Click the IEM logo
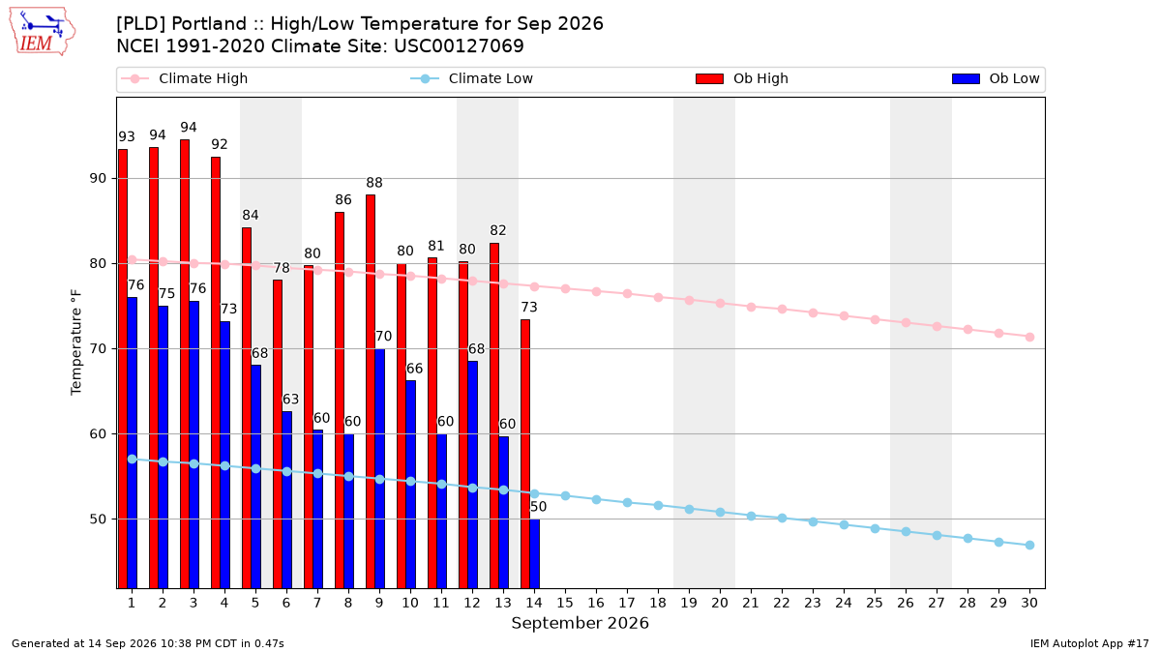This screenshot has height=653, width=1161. pyautogui.click(x=43, y=32)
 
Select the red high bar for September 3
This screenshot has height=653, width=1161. pyautogui.click(x=185, y=364)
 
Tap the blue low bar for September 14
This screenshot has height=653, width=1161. pyautogui.click(x=535, y=553)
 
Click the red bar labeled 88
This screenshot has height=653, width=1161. pyautogui.click(x=371, y=391)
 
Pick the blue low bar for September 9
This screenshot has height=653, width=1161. pyautogui.click(x=380, y=468)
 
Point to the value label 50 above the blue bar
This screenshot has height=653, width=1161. pyautogui.click(x=538, y=507)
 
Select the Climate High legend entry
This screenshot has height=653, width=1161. pyautogui.click(x=185, y=78)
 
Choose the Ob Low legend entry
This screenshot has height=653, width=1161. pyautogui.click(x=996, y=78)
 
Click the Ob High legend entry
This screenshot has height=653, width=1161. pyautogui.click(x=742, y=78)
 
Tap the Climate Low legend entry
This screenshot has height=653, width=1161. pyautogui.click(x=472, y=78)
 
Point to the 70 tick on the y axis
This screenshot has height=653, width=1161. pyautogui.click(x=98, y=349)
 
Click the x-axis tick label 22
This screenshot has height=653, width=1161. pyautogui.click(x=782, y=603)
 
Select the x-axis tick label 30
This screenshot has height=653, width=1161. pyautogui.click(x=1029, y=603)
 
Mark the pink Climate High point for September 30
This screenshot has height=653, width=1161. pyautogui.click(x=1029, y=337)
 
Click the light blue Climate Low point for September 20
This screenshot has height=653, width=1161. pyautogui.click(x=720, y=512)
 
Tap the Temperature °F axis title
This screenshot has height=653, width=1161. pyautogui.click(x=76, y=342)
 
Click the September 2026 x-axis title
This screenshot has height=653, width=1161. pyautogui.click(x=580, y=623)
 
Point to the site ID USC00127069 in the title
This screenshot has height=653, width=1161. pyautogui.click(x=459, y=46)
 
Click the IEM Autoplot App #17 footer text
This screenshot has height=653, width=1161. pyautogui.click(x=1089, y=643)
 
